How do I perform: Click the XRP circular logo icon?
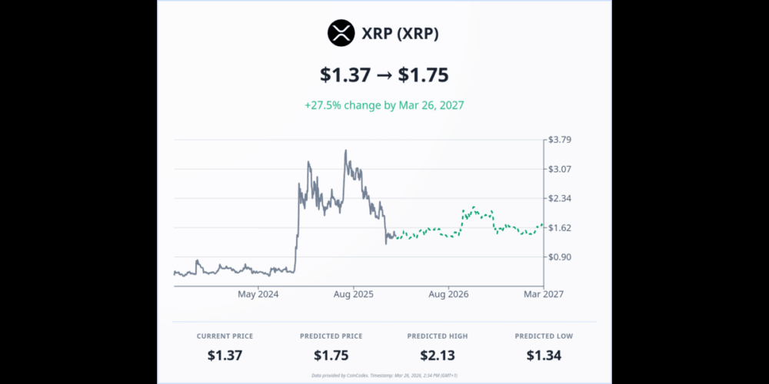click(x=340, y=33)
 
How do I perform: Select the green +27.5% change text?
click(x=384, y=104)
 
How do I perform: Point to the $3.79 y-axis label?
click(x=559, y=140)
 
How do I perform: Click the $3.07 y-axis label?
click(x=559, y=169)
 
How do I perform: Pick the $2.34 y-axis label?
click(x=559, y=198)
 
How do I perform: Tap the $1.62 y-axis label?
click(x=559, y=227)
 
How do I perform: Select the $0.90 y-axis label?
click(x=559, y=257)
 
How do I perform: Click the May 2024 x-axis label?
click(x=258, y=294)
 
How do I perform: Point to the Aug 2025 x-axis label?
click(x=353, y=294)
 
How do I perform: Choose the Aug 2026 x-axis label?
click(x=448, y=294)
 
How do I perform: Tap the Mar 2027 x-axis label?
click(x=543, y=294)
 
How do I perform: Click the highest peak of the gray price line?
click(x=346, y=151)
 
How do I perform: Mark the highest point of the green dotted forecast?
click(x=474, y=207)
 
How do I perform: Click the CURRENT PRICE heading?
click(x=225, y=336)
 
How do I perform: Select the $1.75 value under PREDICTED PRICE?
click(x=331, y=355)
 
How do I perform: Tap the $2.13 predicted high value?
click(x=437, y=355)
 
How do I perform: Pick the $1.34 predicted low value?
click(x=544, y=355)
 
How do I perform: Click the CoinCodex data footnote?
click(x=384, y=376)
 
